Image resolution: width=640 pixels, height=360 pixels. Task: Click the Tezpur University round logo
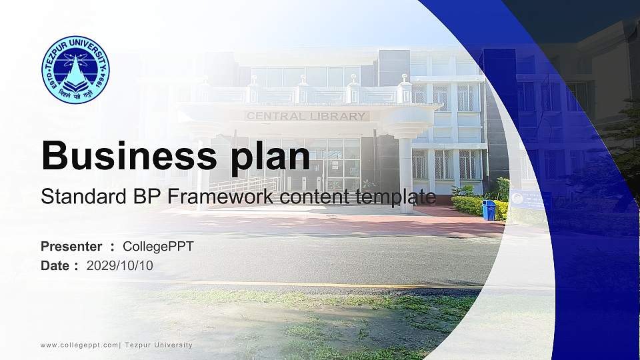click(x=75, y=70)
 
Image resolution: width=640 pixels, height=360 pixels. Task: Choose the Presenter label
click(x=71, y=247)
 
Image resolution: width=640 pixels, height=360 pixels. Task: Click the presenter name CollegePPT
click(x=158, y=247)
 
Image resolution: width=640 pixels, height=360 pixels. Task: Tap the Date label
click(x=55, y=265)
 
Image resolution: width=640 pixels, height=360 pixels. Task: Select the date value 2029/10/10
click(x=120, y=265)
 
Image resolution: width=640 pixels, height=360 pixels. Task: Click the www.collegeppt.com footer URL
click(x=79, y=345)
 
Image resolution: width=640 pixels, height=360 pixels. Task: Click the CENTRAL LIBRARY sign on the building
click(x=307, y=116)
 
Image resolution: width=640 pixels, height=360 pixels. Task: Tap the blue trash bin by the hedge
click(x=489, y=210)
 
